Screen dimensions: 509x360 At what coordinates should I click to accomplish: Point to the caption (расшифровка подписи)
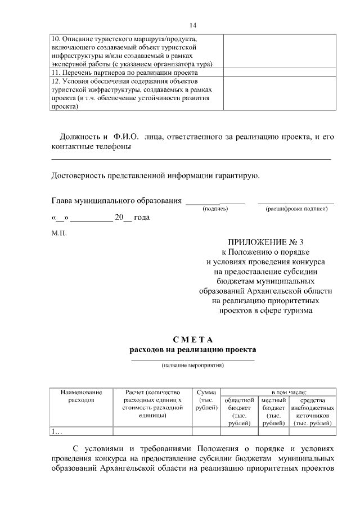click(296, 209)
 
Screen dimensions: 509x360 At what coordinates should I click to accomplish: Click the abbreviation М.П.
click(59, 232)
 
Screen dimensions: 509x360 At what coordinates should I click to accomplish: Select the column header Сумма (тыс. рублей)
click(206, 400)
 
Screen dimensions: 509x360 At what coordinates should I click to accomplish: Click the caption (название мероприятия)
click(193, 365)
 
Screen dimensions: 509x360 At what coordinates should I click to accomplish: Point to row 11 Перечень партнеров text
click(124, 73)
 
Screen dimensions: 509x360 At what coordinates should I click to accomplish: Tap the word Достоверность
click(81, 175)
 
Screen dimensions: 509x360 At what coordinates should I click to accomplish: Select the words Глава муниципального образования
click(116, 200)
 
